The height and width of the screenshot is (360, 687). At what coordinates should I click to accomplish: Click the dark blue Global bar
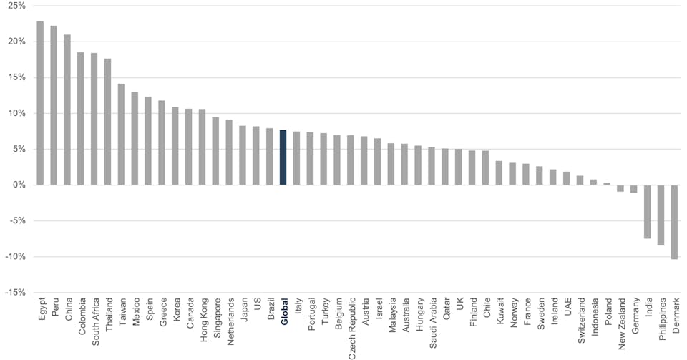click(x=283, y=157)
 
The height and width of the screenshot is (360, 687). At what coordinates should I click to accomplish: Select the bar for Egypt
click(x=40, y=103)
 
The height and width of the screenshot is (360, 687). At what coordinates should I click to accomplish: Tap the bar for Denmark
click(x=674, y=222)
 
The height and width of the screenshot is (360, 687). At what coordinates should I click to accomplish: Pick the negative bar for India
click(x=647, y=212)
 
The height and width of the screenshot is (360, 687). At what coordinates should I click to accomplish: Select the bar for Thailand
click(x=108, y=122)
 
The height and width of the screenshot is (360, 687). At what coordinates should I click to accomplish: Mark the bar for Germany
click(x=633, y=189)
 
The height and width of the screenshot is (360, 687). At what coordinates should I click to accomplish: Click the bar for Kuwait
click(x=499, y=172)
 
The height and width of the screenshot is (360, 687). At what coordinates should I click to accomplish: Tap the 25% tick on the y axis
click(x=16, y=6)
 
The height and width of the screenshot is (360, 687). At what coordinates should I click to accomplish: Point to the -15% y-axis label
click(x=14, y=292)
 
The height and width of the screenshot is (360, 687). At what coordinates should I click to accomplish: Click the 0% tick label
click(x=18, y=185)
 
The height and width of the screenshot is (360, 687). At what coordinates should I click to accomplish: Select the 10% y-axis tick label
click(x=16, y=113)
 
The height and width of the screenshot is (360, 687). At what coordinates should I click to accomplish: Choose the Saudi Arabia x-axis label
click(x=432, y=323)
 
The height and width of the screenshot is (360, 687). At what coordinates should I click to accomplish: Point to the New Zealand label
click(x=620, y=323)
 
